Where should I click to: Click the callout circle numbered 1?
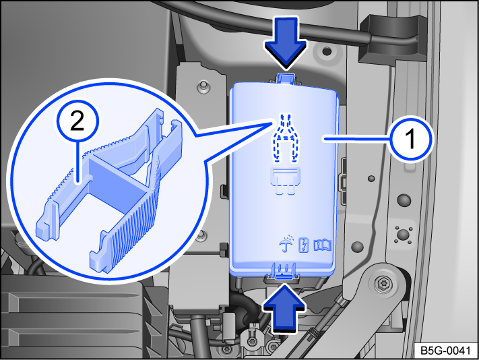click(411, 139)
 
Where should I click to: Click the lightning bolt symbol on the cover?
click(306, 244)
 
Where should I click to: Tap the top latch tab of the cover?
click(286, 80)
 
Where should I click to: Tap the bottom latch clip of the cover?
click(285, 272)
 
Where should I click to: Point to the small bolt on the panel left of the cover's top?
click(201, 86)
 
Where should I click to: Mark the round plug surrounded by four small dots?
click(404, 235)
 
